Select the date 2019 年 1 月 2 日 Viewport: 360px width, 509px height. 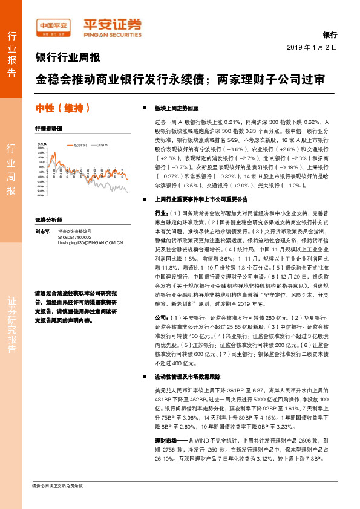point(311,47)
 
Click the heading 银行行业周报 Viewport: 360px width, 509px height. point(68,58)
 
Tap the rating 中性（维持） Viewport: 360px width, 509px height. point(63,109)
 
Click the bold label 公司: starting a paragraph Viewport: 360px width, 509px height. point(162,317)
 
